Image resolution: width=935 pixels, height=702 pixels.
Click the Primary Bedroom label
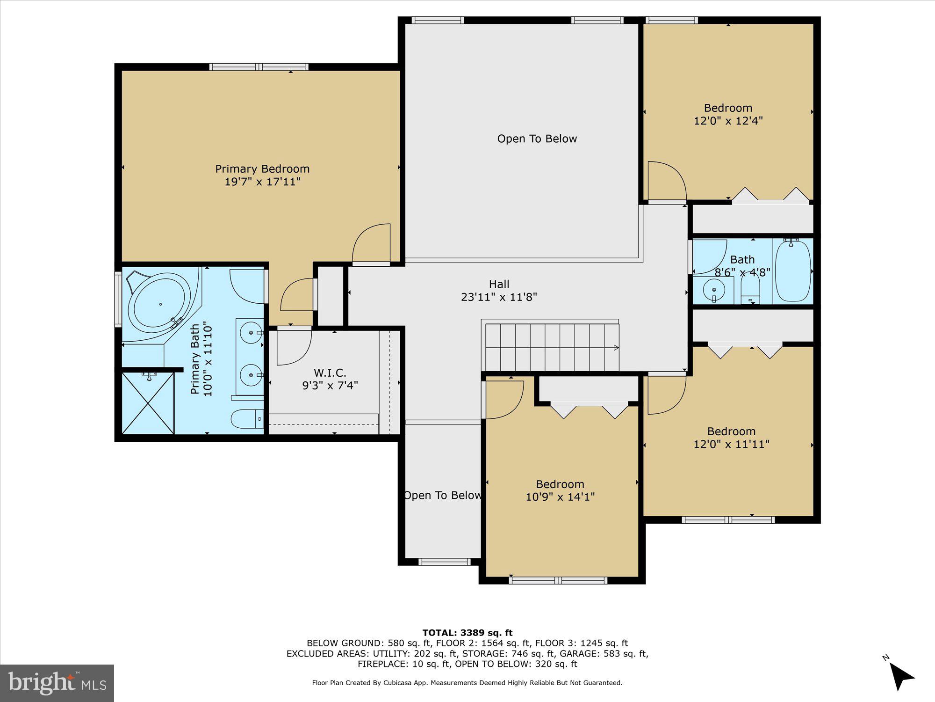tap(262, 169)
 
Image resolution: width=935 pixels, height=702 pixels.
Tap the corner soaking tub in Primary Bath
tap(160, 305)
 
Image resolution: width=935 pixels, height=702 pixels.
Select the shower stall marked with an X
tap(148, 403)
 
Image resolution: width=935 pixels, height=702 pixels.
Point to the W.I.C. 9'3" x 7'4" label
tap(330, 379)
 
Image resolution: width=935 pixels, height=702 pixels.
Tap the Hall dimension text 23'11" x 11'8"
tap(499, 297)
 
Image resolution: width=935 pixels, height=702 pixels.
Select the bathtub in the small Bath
tap(793, 271)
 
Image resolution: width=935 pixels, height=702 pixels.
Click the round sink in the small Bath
tap(714, 290)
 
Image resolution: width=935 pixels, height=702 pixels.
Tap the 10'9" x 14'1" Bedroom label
tap(560, 490)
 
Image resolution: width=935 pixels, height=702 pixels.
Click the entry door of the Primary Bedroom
tap(371, 243)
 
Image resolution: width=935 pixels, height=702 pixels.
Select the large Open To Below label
tap(537, 139)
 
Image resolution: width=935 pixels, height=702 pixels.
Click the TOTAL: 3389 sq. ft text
tap(467, 633)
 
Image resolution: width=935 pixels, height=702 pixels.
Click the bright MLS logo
tap(57, 683)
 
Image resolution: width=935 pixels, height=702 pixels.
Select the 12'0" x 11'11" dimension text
tap(731, 444)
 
